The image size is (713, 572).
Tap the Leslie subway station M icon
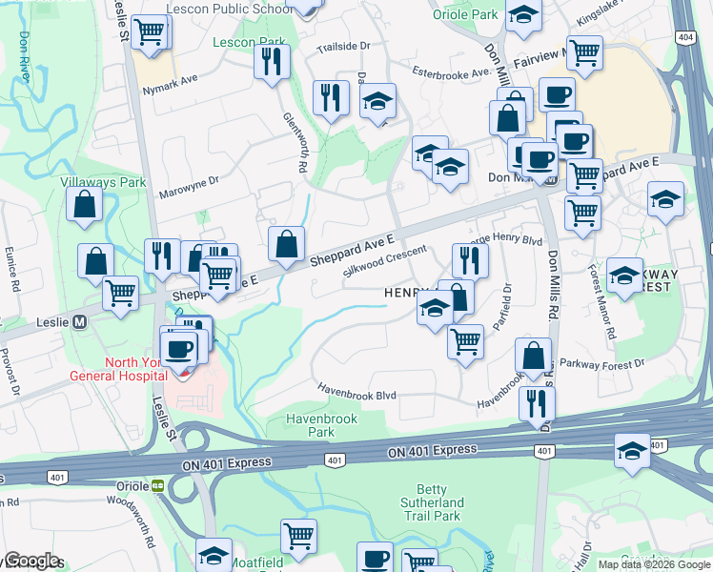click(79, 321)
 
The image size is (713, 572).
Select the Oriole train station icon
click(158, 485)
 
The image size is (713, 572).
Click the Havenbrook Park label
click(311, 425)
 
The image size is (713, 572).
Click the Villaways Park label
click(103, 181)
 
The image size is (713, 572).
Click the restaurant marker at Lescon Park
click(273, 62)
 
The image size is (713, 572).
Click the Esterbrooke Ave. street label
click(451, 71)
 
